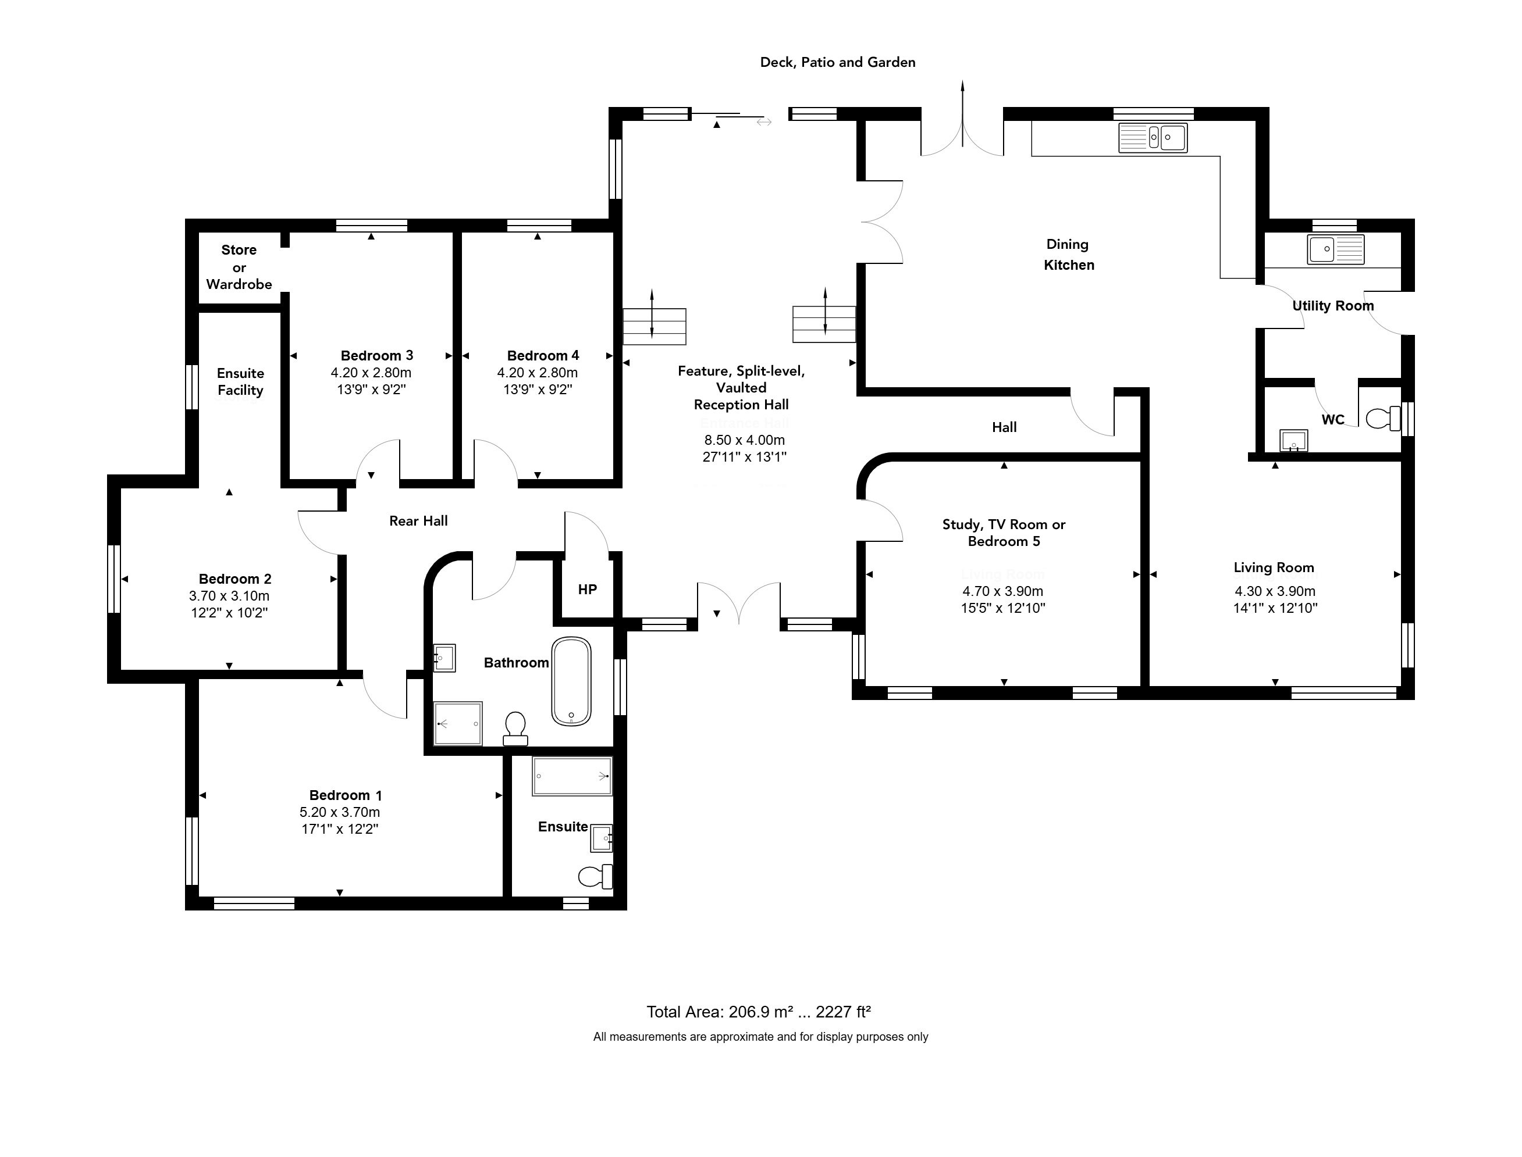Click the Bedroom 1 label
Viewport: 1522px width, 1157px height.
345,795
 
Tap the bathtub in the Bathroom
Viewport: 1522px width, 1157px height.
571,681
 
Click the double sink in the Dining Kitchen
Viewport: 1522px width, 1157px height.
1153,138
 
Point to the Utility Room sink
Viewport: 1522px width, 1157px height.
1336,249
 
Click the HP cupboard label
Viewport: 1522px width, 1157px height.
587,590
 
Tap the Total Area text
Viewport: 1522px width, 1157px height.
759,1012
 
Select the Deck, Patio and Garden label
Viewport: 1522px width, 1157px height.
838,63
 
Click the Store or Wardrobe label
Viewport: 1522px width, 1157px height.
239,267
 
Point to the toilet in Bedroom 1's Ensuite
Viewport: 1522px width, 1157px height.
595,876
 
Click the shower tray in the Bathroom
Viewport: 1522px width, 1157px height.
458,724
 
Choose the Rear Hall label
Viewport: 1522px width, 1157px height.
418,522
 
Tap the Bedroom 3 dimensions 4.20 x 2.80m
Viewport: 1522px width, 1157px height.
371,373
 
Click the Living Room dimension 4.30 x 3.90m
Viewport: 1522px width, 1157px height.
1275,591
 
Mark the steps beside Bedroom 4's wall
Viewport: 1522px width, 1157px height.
655,326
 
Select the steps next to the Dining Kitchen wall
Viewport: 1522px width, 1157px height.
824,324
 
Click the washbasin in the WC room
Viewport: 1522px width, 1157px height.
1294,441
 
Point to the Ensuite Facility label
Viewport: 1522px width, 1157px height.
240,381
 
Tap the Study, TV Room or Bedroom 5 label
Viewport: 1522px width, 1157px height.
1004,533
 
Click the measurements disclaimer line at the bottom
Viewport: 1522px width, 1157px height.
760,1037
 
